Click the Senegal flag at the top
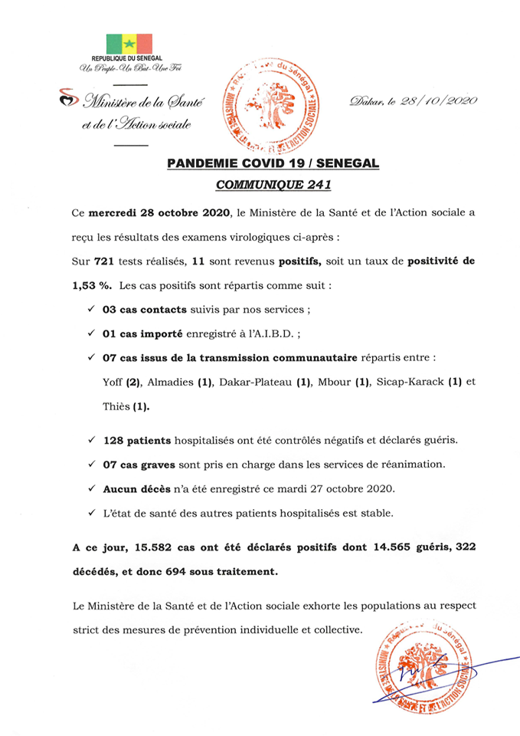coord(129,44)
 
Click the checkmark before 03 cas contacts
coord(91,310)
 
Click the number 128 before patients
coord(116,442)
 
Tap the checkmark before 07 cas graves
coord(91,465)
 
